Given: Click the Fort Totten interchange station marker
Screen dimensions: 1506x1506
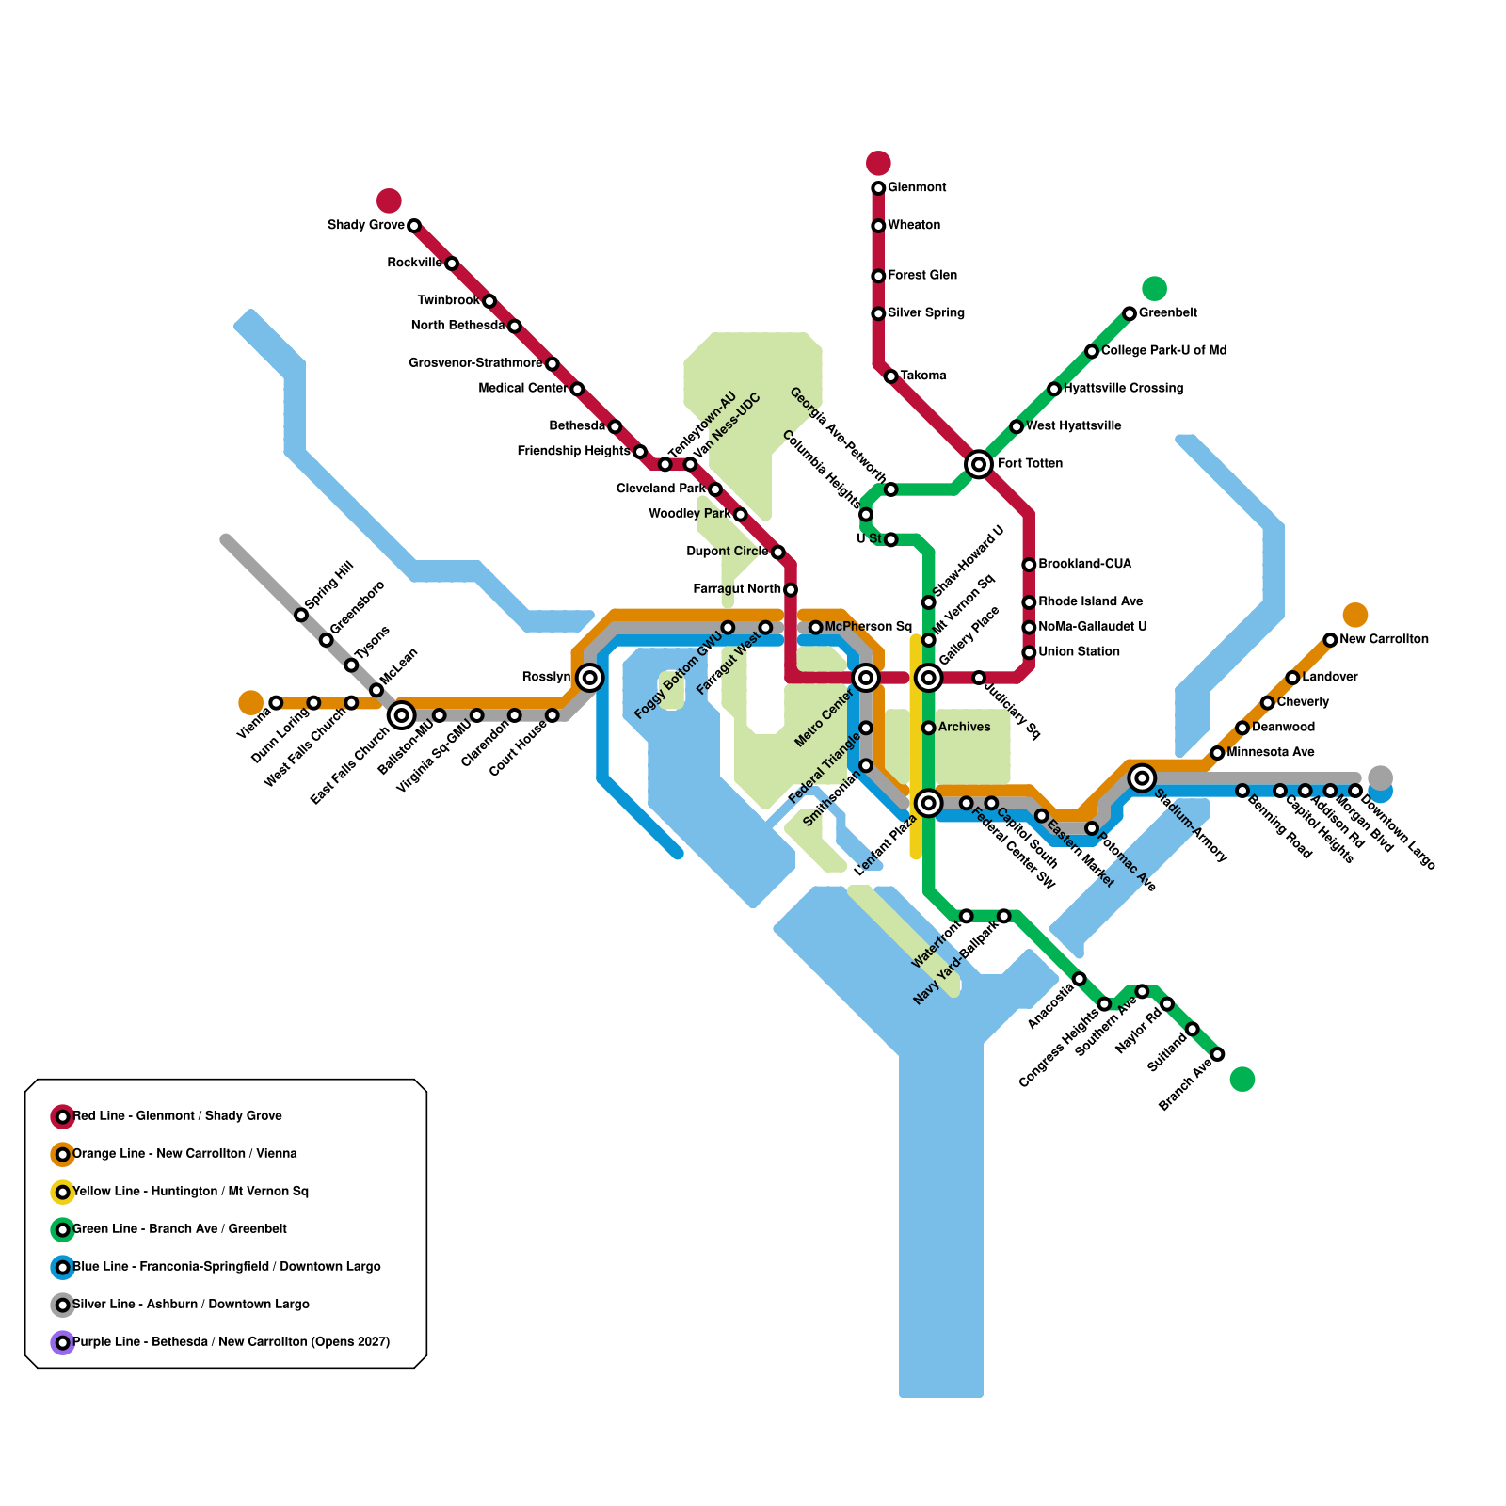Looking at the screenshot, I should (x=979, y=463).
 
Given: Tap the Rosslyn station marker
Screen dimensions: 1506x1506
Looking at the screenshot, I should (x=590, y=677).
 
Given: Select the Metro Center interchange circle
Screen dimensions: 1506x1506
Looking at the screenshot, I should (x=866, y=677).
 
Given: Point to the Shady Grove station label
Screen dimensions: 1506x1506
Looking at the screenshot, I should (x=365, y=225).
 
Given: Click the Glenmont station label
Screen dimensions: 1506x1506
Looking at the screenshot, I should (x=917, y=187).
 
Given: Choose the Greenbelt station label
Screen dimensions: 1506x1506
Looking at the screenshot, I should (x=1167, y=312).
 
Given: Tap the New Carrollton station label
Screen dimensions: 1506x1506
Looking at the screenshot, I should (x=1384, y=639).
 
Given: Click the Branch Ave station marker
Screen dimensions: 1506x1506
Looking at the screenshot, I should (x=1217, y=1054).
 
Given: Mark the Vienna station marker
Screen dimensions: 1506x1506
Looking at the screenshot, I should (x=276, y=702).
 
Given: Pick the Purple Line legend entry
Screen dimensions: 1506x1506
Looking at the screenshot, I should (x=231, y=1342).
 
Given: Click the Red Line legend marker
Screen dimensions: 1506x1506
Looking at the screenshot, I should (x=62, y=1116).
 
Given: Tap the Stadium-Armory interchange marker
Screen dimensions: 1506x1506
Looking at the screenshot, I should (x=1143, y=777).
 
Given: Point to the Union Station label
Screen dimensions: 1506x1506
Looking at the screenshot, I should (x=1079, y=651).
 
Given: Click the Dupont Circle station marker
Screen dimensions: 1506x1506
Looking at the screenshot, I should (x=777, y=552).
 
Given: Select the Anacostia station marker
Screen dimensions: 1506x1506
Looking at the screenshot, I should (x=1080, y=979).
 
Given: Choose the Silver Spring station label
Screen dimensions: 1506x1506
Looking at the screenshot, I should (x=926, y=312).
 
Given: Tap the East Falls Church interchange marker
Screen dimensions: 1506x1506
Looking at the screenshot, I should (x=401, y=715).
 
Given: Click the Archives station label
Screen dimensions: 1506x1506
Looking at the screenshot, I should (x=964, y=727).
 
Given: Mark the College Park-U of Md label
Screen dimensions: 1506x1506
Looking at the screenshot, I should (x=1163, y=350).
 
